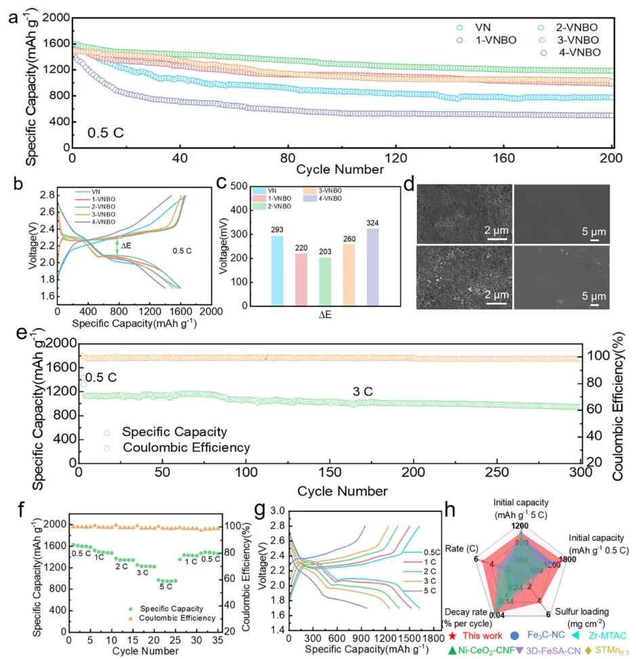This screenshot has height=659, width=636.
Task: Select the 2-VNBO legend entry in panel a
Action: tap(573, 27)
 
